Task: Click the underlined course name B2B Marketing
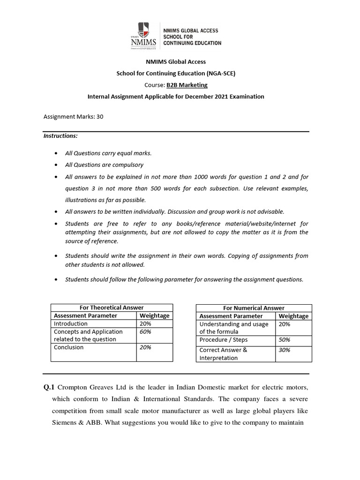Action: tap(187, 85)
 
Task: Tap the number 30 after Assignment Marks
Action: tap(100, 117)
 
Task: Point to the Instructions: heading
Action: tap(60, 136)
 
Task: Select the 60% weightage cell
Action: tap(145, 331)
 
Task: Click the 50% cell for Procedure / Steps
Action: tap(285, 339)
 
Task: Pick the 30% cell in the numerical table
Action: tap(285, 350)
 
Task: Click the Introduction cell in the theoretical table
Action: tap(71, 323)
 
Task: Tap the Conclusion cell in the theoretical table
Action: tap(69, 347)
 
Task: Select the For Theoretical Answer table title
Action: tap(112, 307)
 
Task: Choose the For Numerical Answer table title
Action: tap(254, 308)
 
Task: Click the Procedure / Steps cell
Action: tap(224, 339)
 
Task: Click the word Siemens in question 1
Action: tap(65, 422)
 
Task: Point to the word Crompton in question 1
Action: tap(74, 387)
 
